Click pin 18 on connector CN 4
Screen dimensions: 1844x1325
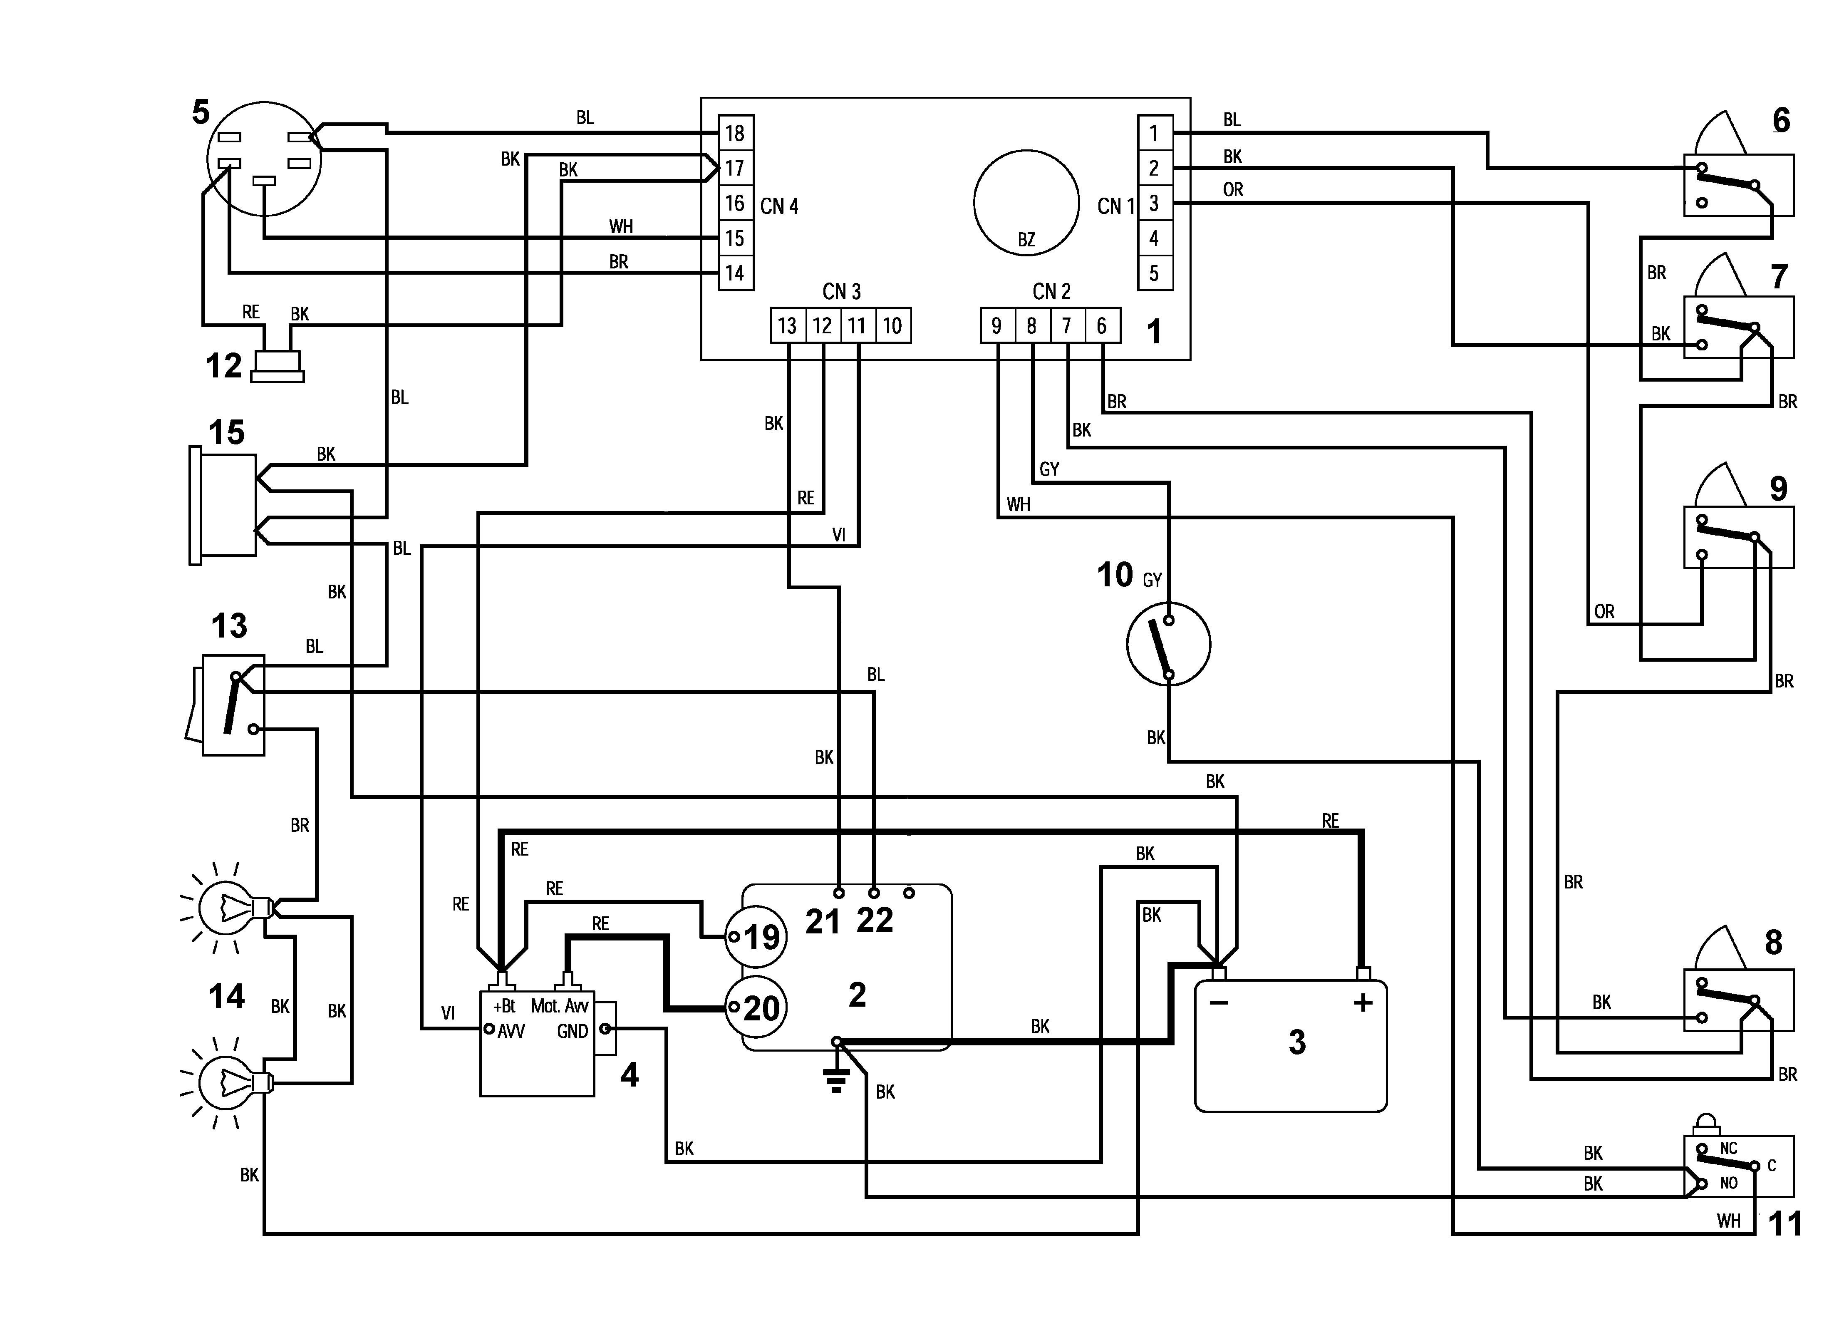[x=735, y=133]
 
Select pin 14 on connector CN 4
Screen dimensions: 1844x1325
[x=735, y=273]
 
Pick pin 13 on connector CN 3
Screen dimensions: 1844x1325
[x=787, y=325]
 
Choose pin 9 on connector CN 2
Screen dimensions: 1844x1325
[x=997, y=325]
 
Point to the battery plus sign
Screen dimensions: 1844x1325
[x=1363, y=1003]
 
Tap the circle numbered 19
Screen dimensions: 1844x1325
[x=755, y=937]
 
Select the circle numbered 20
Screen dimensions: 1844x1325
[x=755, y=1008]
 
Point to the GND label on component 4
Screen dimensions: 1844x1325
[x=573, y=1031]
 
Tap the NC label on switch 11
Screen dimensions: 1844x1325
[x=1729, y=1149]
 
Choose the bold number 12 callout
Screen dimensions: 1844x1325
[x=223, y=366]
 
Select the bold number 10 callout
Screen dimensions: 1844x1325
[x=1115, y=575]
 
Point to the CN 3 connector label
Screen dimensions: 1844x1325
[x=842, y=291]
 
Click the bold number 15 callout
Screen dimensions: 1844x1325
[x=226, y=433]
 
